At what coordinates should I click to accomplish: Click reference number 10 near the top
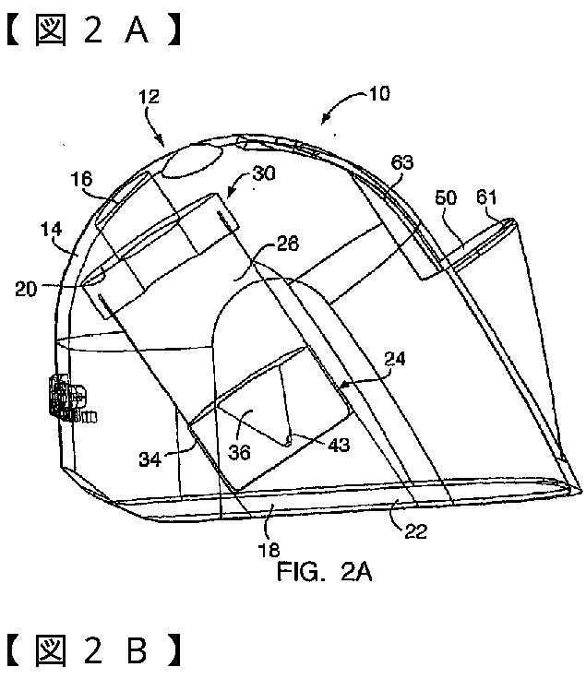point(378,93)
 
